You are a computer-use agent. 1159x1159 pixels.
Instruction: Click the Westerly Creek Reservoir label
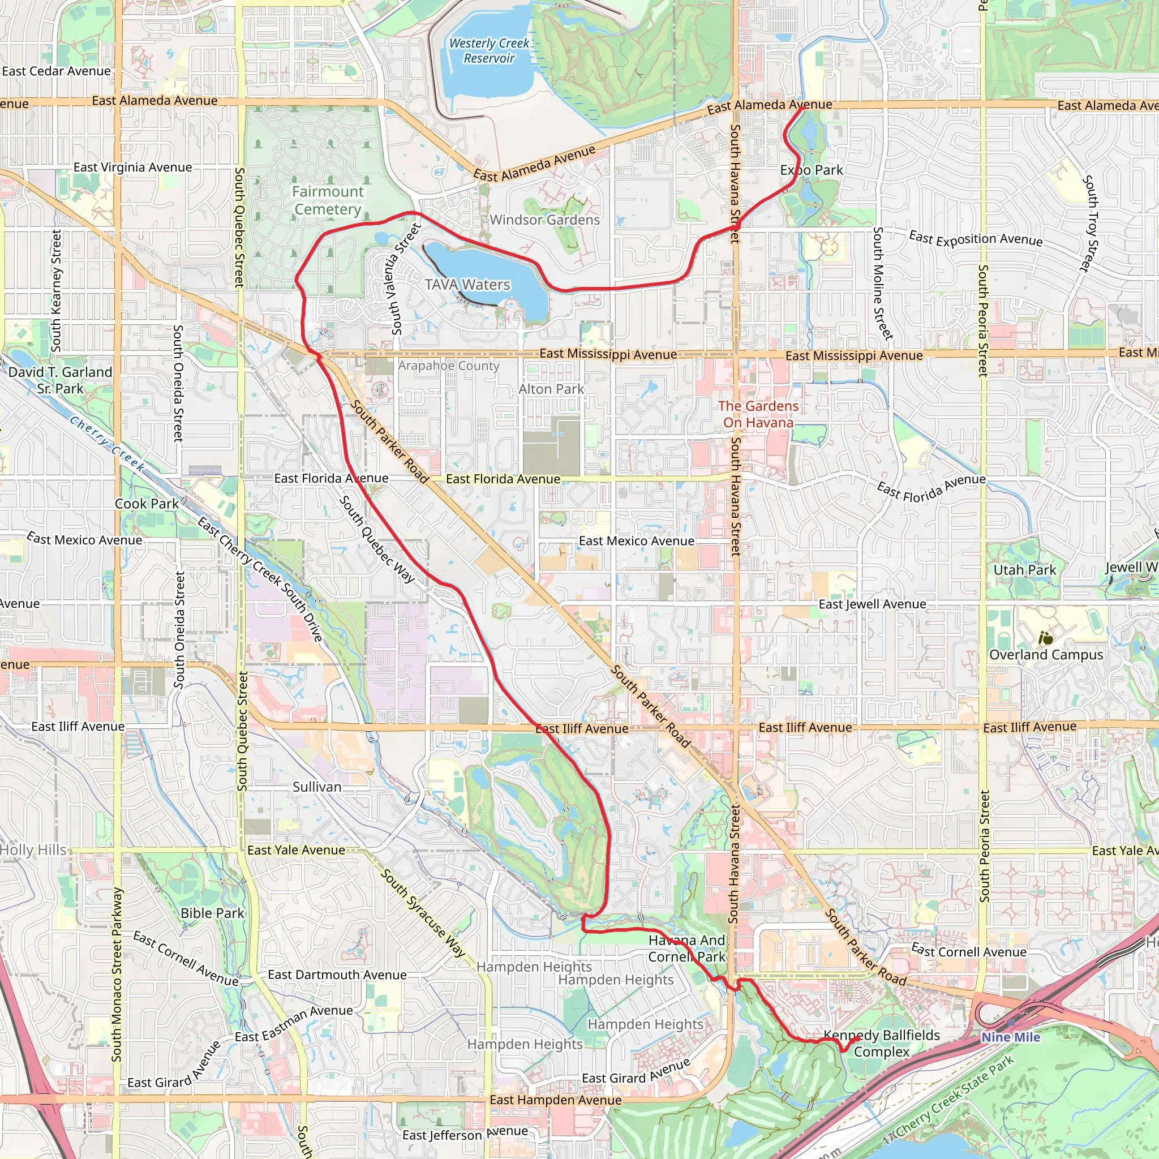pos(489,51)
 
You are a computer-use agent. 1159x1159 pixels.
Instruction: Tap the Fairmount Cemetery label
pos(328,200)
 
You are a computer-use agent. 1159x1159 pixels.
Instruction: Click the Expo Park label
pos(812,170)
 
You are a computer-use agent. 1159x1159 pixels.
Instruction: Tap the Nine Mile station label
pos(1011,1037)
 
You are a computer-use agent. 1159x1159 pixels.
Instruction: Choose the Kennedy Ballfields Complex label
pos(881,1043)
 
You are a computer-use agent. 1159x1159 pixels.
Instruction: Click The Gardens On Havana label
pos(758,414)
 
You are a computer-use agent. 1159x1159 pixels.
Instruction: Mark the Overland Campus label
pos(1046,655)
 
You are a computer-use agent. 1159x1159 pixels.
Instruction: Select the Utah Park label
pos(1025,570)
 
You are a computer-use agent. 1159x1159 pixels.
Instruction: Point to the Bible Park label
pos(212,913)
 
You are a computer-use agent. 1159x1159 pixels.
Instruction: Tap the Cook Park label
pos(147,504)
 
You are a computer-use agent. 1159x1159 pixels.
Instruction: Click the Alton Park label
pos(551,389)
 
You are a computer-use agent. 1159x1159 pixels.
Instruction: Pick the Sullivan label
pos(317,787)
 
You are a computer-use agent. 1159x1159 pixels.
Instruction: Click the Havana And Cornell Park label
pos(687,948)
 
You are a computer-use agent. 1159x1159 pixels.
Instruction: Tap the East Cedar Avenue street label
pos(57,71)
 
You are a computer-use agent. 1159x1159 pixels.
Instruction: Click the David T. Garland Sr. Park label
pos(60,380)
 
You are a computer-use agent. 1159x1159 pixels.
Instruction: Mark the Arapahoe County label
pos(449,366)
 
